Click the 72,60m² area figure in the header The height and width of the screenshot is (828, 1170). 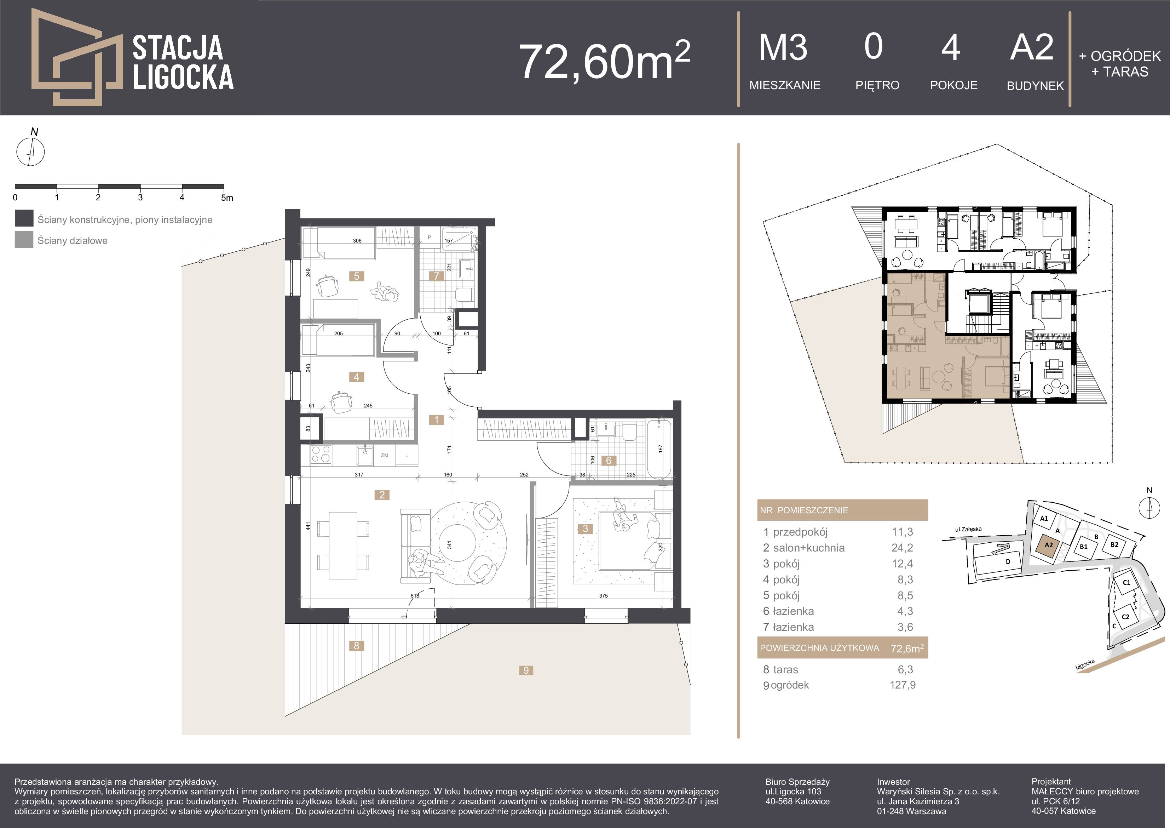[604, 61]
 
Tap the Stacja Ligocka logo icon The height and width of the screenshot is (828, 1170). [76, 57]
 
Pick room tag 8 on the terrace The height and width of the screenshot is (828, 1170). [356, 645]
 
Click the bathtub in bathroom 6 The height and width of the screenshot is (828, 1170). [659, 449]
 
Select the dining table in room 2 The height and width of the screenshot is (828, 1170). [342, 545]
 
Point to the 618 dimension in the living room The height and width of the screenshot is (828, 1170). [415, 595]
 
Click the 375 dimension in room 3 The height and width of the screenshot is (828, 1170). [603, 595]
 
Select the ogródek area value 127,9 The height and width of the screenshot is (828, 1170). [903, 685]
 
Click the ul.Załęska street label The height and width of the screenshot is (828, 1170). [968, 530]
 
